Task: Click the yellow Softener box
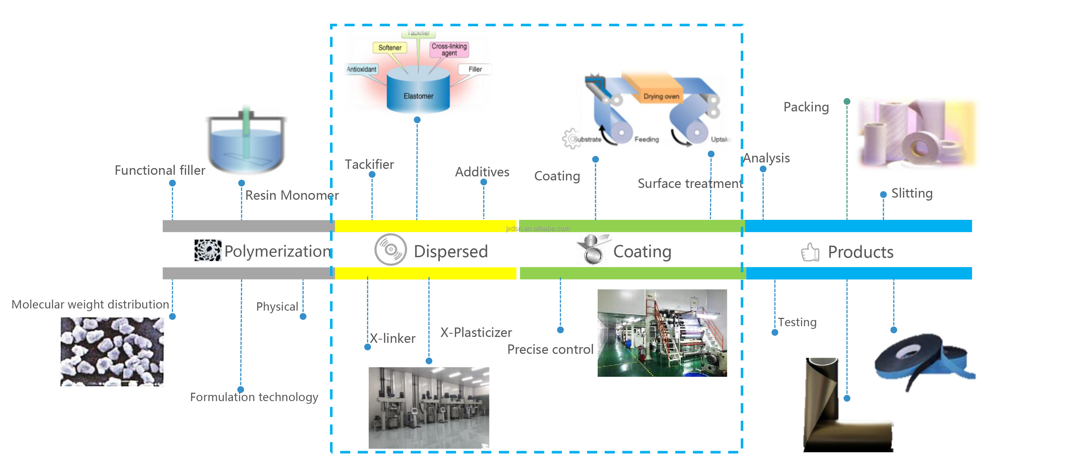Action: point(390,48)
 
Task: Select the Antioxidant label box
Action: point(361,69)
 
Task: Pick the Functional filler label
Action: point(160,170)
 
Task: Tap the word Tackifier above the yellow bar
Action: point(369,165)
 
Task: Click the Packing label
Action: point(806,107)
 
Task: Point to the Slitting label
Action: point(912,193)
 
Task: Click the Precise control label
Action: point(550,349)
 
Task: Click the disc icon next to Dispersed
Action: point(390,250)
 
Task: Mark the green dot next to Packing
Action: point(847,101)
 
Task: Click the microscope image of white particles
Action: point(112,351)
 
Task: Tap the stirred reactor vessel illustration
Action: point(247,142)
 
